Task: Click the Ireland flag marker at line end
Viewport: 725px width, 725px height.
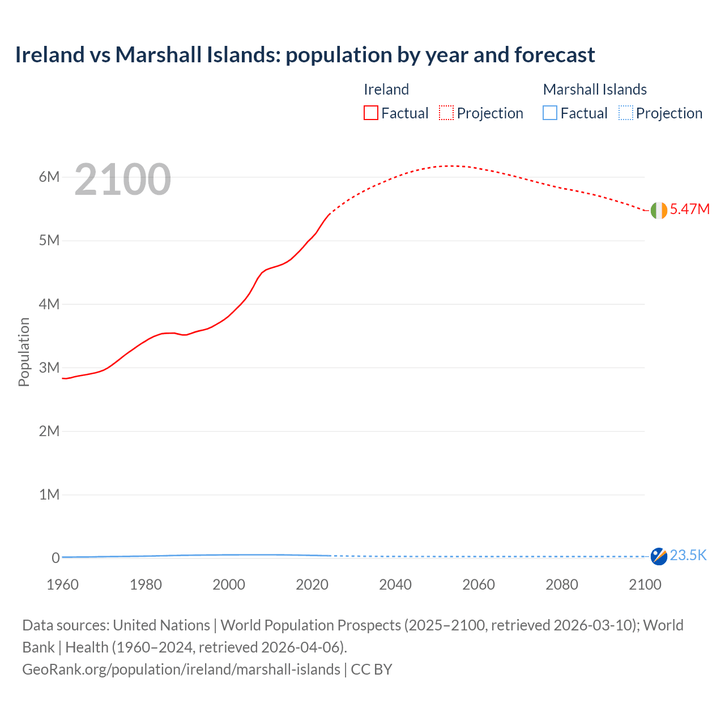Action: (659, 210)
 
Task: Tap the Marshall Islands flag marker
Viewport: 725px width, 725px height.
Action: (659, 556)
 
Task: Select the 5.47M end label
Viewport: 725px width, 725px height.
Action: (689, 209)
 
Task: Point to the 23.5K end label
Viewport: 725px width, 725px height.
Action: (688, 555)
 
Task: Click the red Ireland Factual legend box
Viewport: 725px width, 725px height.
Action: (370, 113)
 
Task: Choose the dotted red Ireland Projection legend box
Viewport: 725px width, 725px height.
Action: (446, 113)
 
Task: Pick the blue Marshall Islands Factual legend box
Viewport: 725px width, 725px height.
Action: (550, 113)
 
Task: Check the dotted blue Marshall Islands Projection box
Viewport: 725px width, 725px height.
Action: (626, 113)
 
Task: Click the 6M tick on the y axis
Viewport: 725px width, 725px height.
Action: (49, 177)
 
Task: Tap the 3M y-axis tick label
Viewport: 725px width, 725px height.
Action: (49, 368)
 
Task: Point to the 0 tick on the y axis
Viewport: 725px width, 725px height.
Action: (56, 558)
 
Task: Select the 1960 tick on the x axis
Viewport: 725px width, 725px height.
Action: (63, 585)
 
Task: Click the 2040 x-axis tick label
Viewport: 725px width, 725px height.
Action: (395, 585)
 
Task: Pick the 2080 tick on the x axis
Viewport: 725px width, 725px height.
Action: (562, 585)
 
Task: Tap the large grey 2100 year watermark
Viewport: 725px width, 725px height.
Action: (122, 180)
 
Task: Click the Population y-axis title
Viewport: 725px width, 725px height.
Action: (24, 352)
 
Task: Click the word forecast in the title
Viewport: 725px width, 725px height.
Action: (555, 55)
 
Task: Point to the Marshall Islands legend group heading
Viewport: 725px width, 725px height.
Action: (595, 89)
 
